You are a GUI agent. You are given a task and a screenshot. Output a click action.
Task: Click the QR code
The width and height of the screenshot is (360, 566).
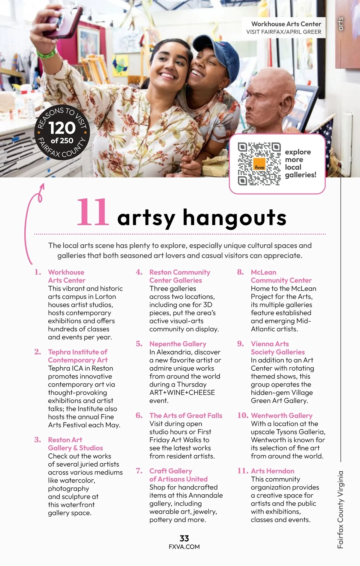tap(259, 164)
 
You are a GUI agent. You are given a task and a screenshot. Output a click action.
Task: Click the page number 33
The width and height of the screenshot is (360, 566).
tap(184, 538)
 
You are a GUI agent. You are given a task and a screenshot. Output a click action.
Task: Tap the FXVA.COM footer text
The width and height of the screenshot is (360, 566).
tap(184, 547)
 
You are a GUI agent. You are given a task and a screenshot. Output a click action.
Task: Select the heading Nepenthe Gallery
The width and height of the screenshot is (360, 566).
tap(178, 344)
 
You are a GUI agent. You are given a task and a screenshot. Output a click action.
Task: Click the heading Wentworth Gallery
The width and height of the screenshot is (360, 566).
tap(281, 416)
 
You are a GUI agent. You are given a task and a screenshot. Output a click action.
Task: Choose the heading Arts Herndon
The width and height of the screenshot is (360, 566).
tap(272, 471)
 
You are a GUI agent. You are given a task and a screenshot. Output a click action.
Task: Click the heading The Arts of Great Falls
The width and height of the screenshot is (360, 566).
tap(186, 416)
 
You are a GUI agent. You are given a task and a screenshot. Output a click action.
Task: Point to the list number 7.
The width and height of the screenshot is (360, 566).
tap(139, 471)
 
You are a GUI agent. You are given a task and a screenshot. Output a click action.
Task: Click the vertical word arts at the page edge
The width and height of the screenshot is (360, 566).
tap(340, 24)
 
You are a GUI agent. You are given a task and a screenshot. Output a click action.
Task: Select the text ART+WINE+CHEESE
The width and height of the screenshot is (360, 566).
tap(182, 393)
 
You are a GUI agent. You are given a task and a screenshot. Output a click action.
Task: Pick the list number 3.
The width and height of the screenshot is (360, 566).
tap(37, 440)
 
